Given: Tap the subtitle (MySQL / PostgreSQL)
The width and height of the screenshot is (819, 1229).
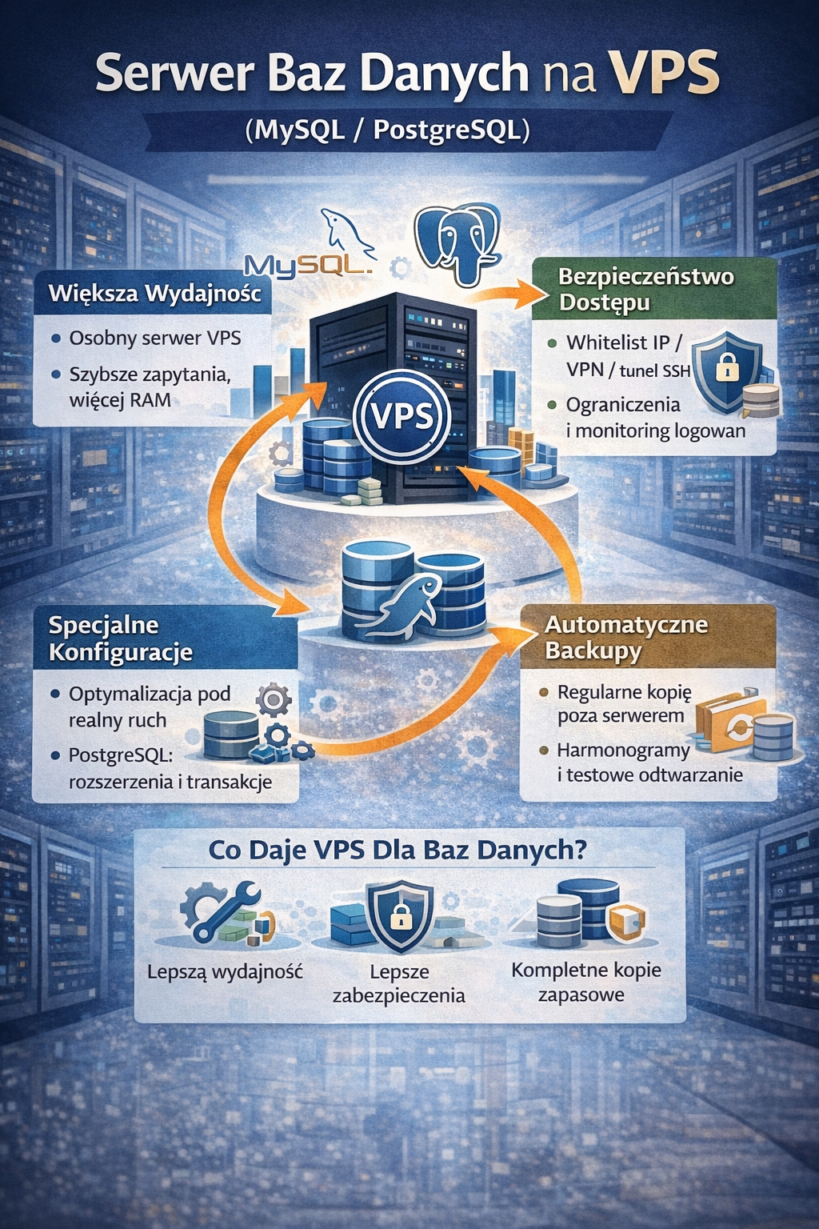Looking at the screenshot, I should (x=387, y=130).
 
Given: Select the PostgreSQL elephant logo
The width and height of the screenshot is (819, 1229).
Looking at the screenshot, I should (x=457, y=243).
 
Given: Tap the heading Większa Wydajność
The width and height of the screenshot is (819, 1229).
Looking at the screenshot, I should (x=154, y=293).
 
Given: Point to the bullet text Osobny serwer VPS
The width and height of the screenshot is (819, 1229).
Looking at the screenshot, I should (x=154, y=338).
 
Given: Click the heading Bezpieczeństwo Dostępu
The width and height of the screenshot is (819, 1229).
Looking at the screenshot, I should (x=645, y=289).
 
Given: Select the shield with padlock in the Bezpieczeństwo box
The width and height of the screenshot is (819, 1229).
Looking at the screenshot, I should (x=725, y=367).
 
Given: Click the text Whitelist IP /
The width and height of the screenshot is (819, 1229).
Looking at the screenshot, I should (x=624, y=342).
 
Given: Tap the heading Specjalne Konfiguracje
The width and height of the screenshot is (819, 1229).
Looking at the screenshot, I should (x=120, y=639).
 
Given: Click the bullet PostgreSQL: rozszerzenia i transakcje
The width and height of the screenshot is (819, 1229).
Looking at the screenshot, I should (x=170, y=768).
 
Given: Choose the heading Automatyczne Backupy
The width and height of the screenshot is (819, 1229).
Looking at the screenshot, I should (x=626, y=637).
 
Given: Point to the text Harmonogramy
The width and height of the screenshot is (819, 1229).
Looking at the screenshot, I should (x=623, y=751).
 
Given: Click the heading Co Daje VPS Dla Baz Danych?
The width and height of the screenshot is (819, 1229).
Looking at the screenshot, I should (x=398, y=849).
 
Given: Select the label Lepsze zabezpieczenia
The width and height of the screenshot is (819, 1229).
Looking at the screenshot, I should (x=398, y=983).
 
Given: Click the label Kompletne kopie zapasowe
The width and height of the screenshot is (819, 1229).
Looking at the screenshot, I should (x=585, y=983).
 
